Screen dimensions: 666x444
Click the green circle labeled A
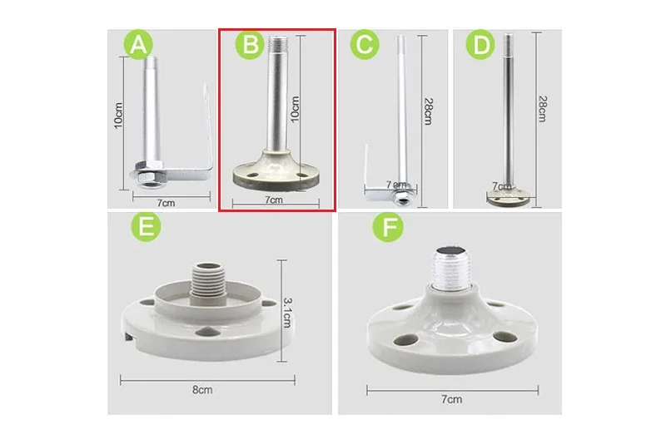[138, 44]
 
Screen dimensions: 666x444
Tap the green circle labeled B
[250, 44]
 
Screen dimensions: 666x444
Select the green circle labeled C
[365, 44]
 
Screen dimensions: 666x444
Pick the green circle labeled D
[480, 44]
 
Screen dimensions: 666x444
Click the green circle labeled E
[147, 227]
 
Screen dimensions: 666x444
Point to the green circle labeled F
[387, 227]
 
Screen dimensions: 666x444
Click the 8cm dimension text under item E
[202, 390]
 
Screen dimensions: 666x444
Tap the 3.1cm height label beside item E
[287, 313]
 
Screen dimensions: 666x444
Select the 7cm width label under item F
[451, 399]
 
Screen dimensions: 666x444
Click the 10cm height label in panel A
[118, 116]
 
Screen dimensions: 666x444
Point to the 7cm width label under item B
[274, 200]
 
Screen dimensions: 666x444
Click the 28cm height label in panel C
[429, 111]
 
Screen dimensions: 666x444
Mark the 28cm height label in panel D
[543, 109]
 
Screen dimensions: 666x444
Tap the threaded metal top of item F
[451, 266]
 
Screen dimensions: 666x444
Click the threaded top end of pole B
[279, 43]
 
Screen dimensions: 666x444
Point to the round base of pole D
[508, 196]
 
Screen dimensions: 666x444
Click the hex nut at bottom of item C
[402, 196]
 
